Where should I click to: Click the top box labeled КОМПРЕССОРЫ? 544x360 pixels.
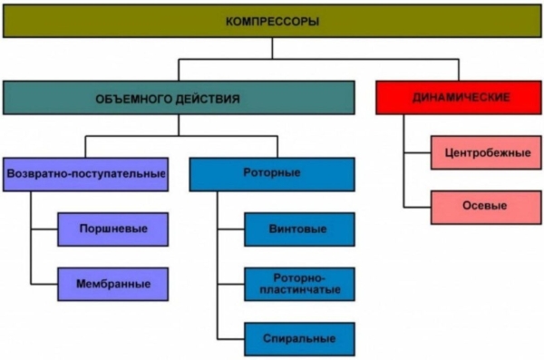click(x=271, y=20)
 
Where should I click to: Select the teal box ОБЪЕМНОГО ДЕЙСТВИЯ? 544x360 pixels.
click(x=179, y=97)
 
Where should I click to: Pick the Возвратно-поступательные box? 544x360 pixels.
click(x=86, y=173)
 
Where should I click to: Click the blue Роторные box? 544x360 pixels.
click(x=272, y=173)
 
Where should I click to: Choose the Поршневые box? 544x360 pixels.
click(x=112, y=229)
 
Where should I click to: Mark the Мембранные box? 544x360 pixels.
click(x=112, y=283)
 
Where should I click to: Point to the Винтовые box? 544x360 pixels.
click(x=298, y=229)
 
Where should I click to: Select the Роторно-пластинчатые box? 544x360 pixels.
click(x=298, y=283)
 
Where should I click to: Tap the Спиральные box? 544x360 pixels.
click(x=298, y=338)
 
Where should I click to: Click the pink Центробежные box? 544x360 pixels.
click(x=487, y=152)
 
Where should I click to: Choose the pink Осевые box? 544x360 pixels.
click(x=487, y=206)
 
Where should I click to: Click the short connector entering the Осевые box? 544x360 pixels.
click(x=417, y=206)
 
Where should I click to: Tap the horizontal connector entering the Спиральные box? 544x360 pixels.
click(x=230, y=338)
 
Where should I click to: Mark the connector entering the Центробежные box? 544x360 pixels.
click(x=417, y=152)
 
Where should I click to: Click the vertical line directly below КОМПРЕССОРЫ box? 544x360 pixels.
click(x=271, y=48)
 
